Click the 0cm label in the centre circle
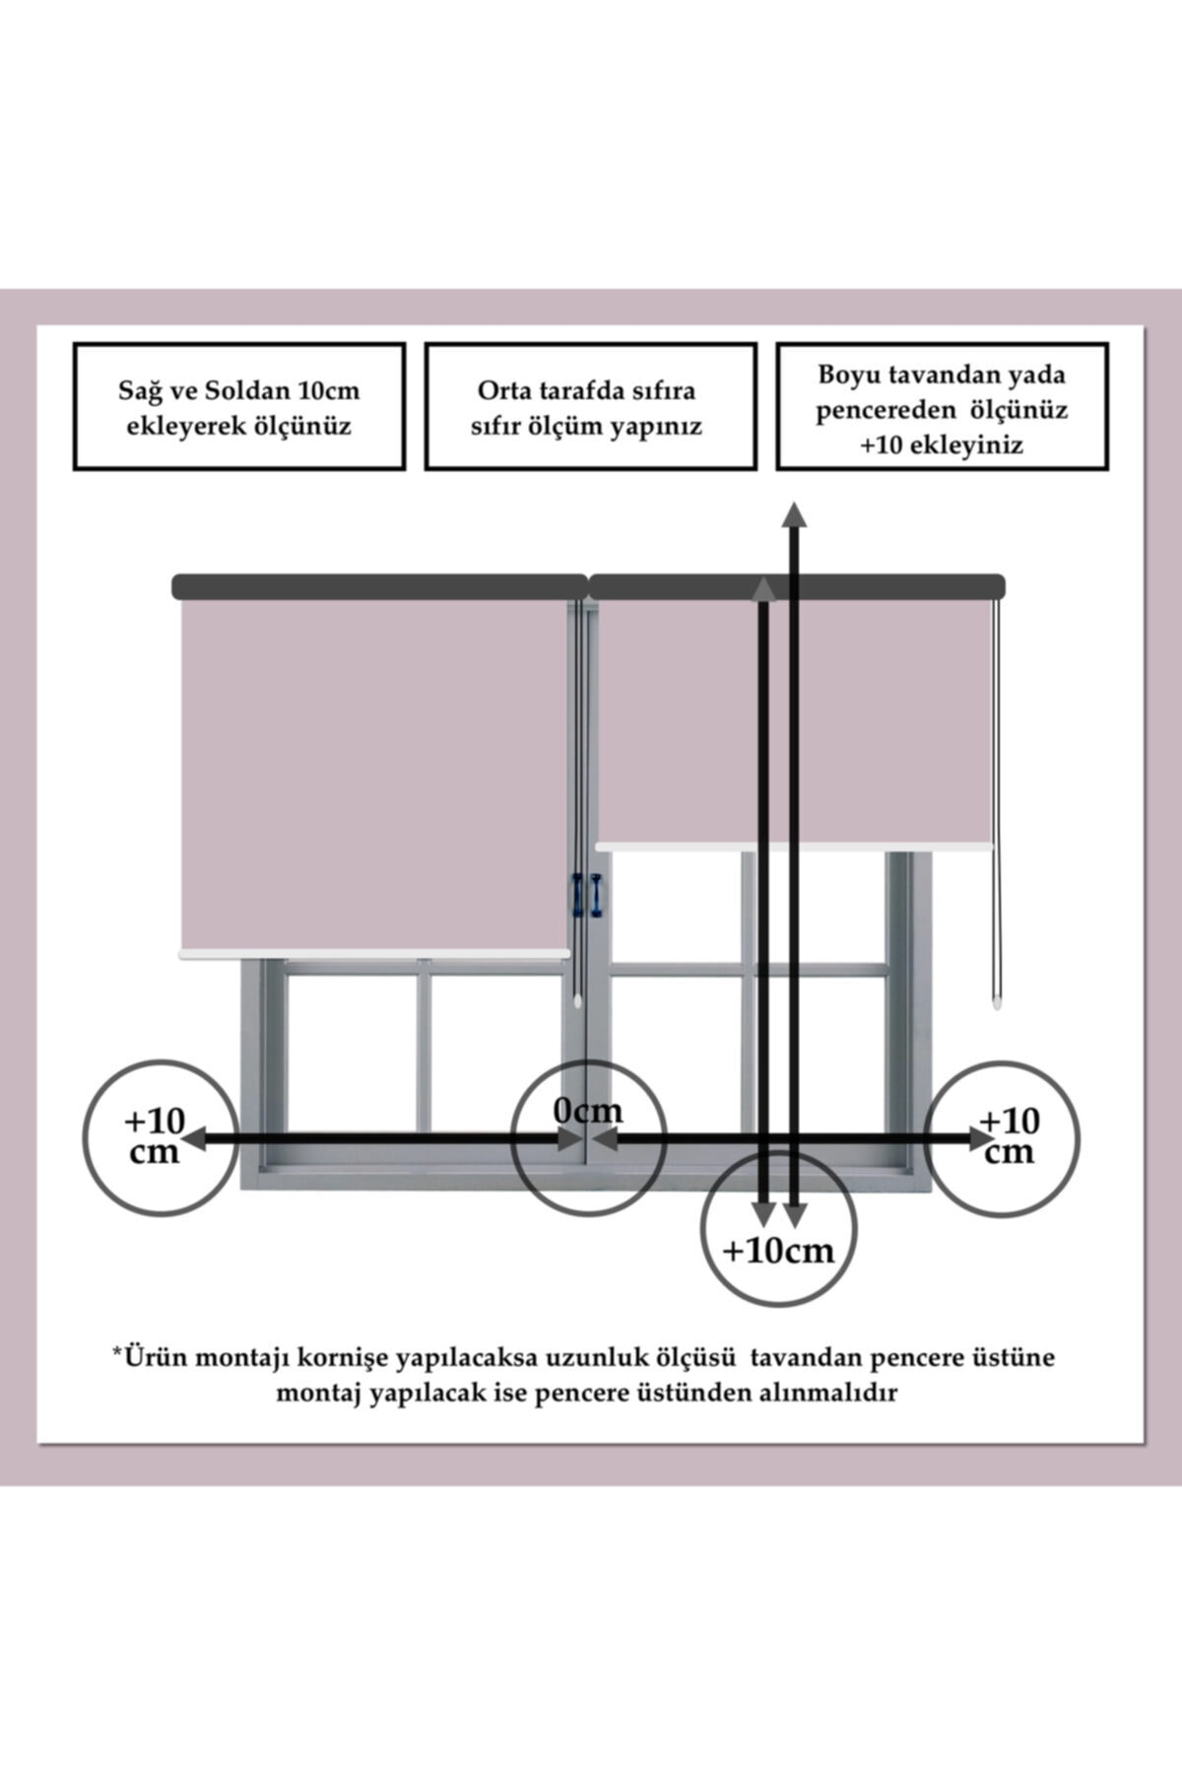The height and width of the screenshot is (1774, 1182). click(x=588, y=1111)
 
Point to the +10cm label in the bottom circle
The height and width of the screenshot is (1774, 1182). click(x=778, y=1251)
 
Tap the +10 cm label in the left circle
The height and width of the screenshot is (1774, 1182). click(x=155, y=1135)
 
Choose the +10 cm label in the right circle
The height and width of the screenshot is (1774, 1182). click(x=1010, y=1135)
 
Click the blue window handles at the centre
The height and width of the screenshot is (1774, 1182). click(x=587, y=895)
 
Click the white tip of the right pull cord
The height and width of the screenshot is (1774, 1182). click(x=997, y=1003)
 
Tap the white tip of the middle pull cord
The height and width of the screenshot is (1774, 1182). click(x=577, y=999)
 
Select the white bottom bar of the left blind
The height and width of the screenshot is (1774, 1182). click(x=374, y=953)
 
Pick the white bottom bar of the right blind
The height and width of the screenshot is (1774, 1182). click(x=796, y=846)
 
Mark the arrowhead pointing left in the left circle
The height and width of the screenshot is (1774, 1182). click(x=192, y=1139)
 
